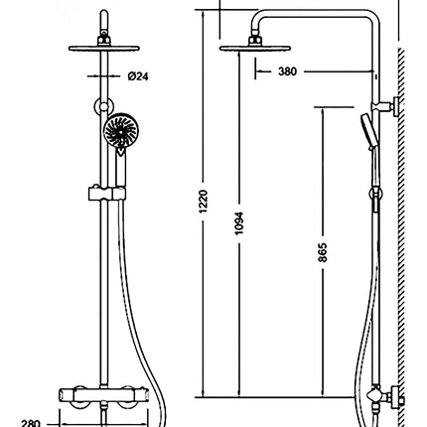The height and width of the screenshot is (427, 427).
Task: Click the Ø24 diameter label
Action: coord(138,76)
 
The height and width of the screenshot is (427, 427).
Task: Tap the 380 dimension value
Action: coord(287,71)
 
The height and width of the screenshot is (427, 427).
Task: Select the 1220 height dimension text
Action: coord(204,202)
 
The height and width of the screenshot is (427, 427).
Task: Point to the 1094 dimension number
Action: coord(238,223)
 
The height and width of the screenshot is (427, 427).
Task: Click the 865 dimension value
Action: coord(323,252)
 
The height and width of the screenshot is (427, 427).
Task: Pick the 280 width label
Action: coord(31,423)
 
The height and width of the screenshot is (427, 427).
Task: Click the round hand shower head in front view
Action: coord(121,131)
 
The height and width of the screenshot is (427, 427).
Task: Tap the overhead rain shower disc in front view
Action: coord(104,49)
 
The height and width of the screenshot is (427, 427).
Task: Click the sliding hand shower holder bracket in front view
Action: coord(107,194)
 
